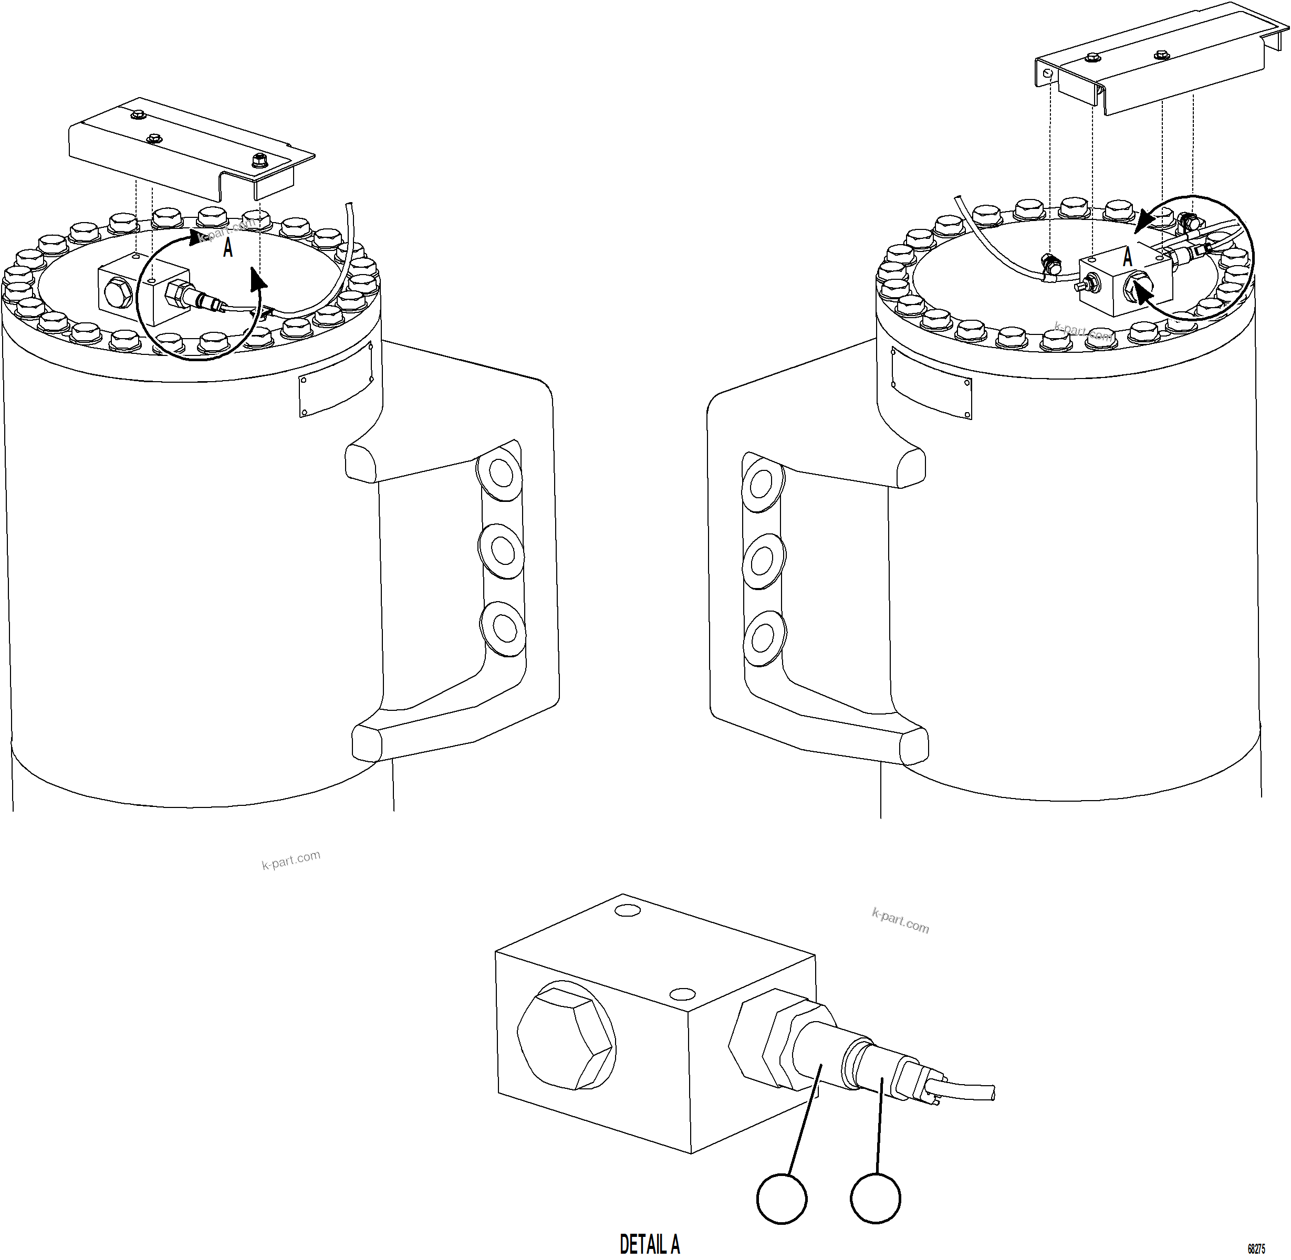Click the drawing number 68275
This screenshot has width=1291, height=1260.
[1256, 1249]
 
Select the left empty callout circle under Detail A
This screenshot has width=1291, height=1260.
[781, 1199]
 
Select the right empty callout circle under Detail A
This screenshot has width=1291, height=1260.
[875, 1199]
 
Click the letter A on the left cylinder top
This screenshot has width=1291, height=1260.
[228, 248]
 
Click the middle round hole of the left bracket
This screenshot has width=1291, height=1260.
[501, 549]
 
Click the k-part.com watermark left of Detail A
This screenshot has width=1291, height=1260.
[290, 859]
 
